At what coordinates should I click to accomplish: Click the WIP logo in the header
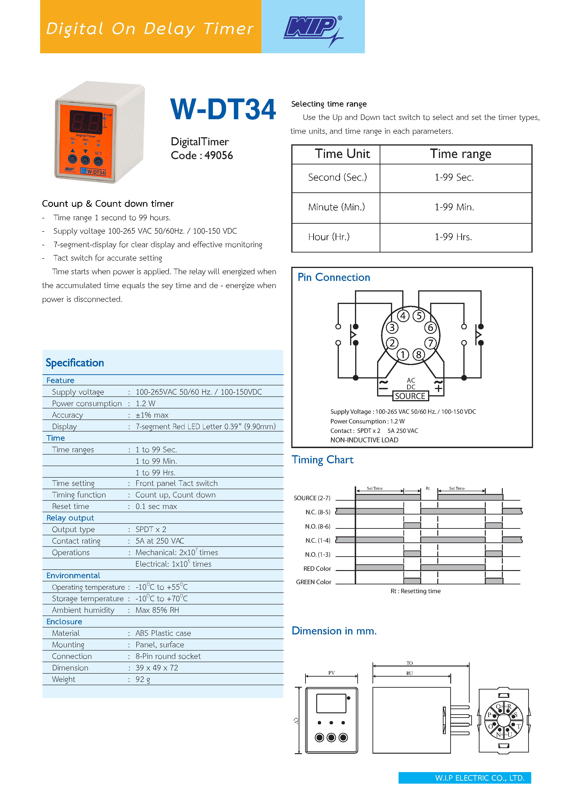tap(312, 28)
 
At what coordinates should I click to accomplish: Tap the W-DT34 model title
tap(223, 109)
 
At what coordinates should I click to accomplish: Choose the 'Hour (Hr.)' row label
tap(329, 237)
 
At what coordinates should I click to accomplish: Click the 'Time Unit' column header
tap(342, 154)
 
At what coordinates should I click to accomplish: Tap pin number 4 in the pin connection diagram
tap(403, 316)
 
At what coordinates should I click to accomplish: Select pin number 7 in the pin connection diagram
tap(430, 343)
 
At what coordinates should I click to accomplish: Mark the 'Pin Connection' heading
tap(334, 277)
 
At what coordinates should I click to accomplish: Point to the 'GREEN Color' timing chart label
tap(313, 582)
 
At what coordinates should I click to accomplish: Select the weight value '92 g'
tap(143, 679)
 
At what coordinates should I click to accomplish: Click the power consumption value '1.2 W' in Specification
tap(145, 403)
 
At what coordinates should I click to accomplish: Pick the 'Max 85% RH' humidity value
tap(157, 610)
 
